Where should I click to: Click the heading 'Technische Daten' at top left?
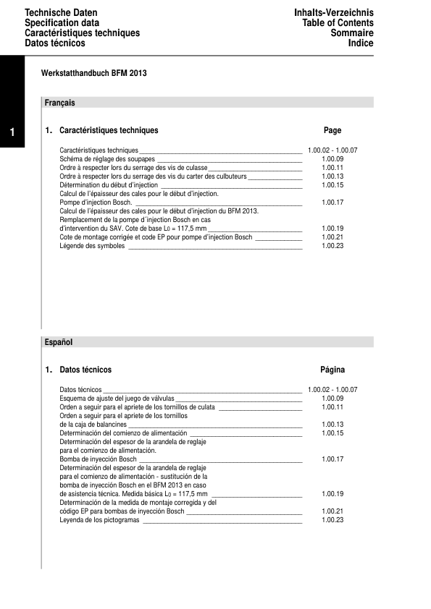pos(61,14)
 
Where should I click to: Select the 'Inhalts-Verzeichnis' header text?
pos(334,14)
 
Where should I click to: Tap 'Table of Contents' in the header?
pos(338,23)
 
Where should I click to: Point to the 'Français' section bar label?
pos(60,103)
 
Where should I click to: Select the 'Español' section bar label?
pos(59,341)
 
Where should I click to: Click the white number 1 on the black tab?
pos(13,132)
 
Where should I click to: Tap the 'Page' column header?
pos(332,131)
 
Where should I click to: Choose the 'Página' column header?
pos(332,370)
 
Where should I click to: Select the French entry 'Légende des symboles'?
pos(93,246)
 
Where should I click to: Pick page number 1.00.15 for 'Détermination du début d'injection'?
pos(332,184)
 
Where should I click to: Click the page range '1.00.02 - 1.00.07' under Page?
pos(332,150)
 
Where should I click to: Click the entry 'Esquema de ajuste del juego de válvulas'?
pos(117,398)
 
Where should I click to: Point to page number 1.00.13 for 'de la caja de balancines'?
pos(332,425)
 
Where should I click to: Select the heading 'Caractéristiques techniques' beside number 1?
pos(109,131)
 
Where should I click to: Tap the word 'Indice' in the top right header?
pos(361,43)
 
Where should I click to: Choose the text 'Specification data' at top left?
pos(62,23)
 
